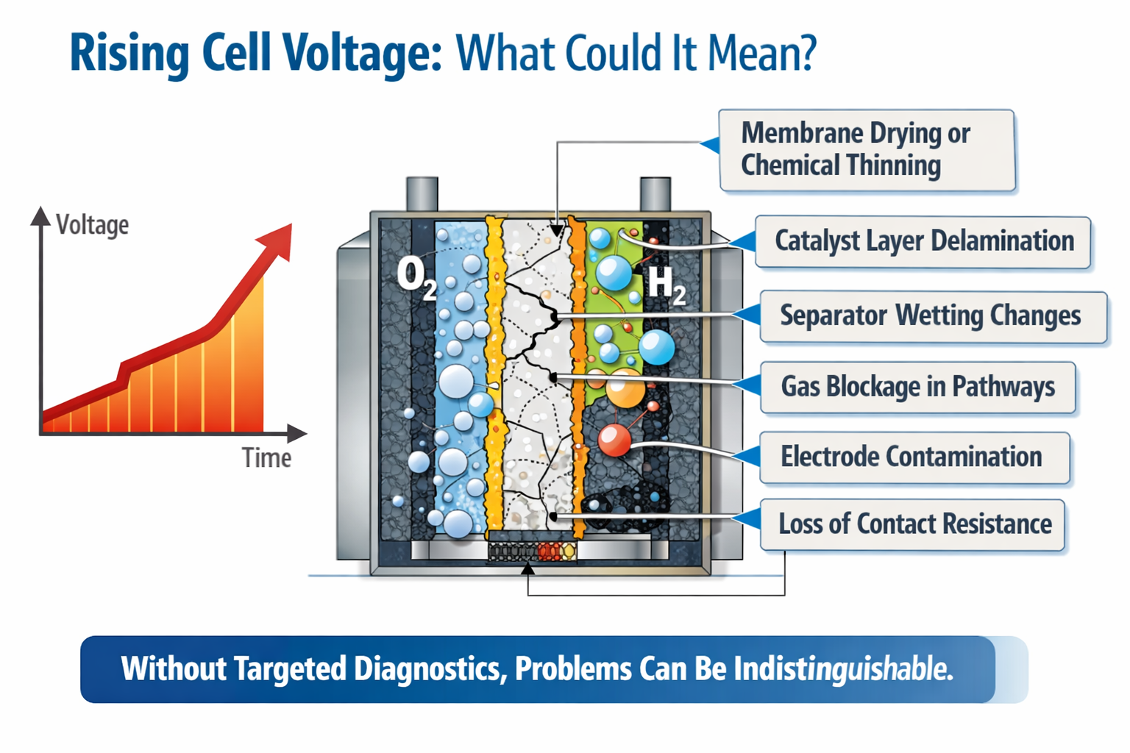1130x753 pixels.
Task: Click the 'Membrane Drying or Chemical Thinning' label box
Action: [867, 150]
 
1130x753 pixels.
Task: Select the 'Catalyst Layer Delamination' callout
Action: [923, 241]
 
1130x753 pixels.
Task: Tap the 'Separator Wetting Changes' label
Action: [931, 316]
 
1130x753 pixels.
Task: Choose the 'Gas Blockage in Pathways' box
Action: [917, 387]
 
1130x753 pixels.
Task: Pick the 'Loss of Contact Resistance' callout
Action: [913, 524]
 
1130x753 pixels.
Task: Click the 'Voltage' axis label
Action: [92, 225]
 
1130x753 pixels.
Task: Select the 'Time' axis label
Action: [266, 458]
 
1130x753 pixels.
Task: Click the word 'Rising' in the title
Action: [129, 54]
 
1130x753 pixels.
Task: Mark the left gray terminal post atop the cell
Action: [422, 194]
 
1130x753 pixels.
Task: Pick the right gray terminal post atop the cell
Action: [655, 194]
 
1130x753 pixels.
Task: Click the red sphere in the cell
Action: [614, 440]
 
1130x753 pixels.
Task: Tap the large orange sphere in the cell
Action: [625, 388]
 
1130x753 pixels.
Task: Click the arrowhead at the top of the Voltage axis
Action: [40, 215]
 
